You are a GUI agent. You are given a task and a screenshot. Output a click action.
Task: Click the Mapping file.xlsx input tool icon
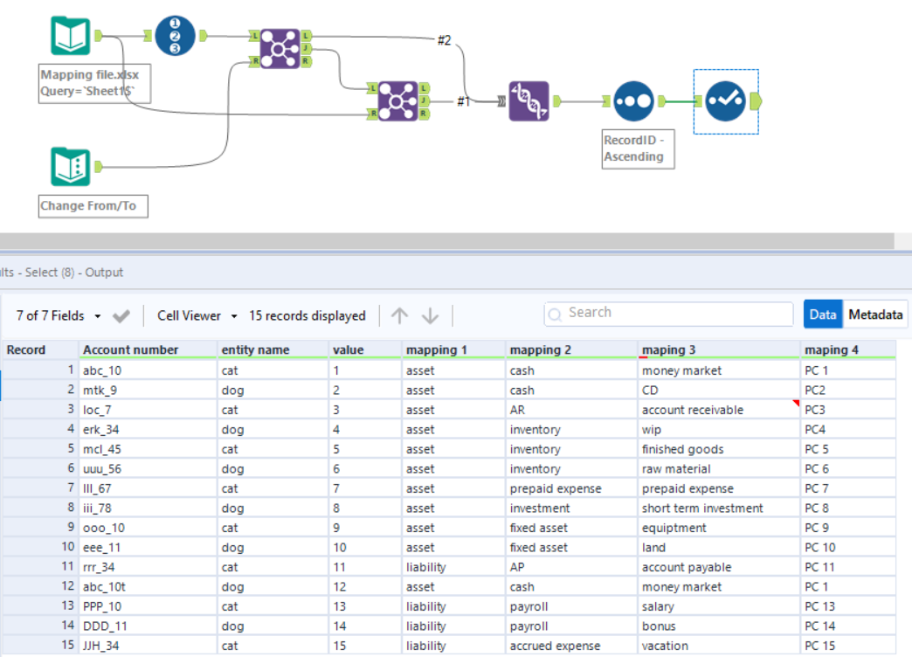[70, 37]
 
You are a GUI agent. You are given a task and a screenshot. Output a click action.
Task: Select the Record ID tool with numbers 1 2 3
[176, 36]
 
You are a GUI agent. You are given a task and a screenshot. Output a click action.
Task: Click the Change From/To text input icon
[70, 166]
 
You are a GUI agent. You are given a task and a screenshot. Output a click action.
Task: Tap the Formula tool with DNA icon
[529, 101]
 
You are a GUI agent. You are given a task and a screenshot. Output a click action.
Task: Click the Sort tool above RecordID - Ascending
[633, 102]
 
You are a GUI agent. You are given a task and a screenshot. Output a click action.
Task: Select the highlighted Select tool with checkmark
[726, 102]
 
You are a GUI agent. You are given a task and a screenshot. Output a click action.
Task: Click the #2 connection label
[444, 41]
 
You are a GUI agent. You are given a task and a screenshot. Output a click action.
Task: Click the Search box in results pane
[668, 313]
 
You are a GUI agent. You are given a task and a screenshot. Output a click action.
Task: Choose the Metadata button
[875, 315]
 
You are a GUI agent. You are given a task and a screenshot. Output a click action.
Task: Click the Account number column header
[131, 349]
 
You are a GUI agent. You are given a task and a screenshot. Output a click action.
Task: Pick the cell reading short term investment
[702, 508]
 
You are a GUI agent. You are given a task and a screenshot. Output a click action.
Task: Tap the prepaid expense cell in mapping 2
[556, 488]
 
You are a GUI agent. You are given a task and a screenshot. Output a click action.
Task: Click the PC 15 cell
[819, 646]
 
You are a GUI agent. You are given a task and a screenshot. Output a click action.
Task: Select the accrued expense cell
[555, 646]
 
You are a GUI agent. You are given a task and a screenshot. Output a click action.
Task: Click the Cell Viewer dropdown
[197, 315]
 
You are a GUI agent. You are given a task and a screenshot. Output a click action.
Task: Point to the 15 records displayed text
[307, 315]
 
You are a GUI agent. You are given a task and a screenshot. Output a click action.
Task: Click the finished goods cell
[682, 449]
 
